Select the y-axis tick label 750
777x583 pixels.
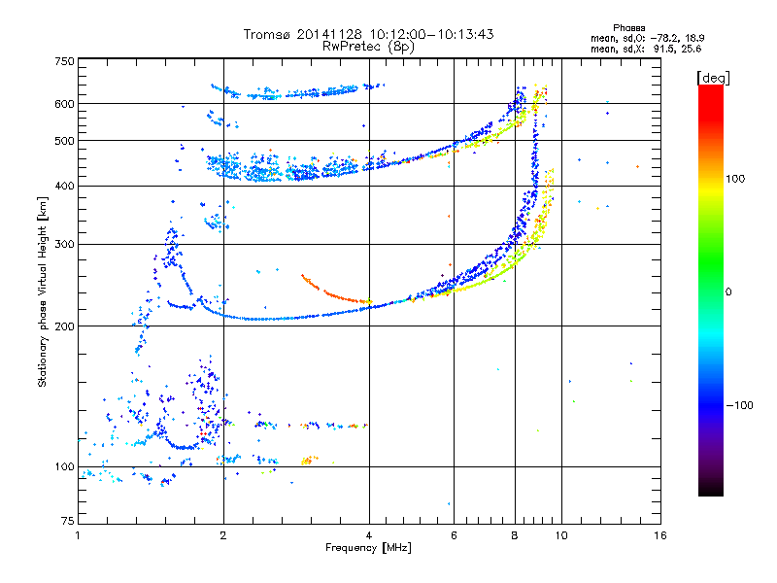[64, 61]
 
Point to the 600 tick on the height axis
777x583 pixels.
[64, 103]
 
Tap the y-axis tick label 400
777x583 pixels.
[64, 186]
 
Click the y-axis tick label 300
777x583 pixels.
[64, 244]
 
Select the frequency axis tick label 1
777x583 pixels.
[78, 536]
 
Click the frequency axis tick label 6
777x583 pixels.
[454, 536]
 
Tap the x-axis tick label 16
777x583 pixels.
[659, 536]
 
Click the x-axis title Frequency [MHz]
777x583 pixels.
[368, 548]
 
